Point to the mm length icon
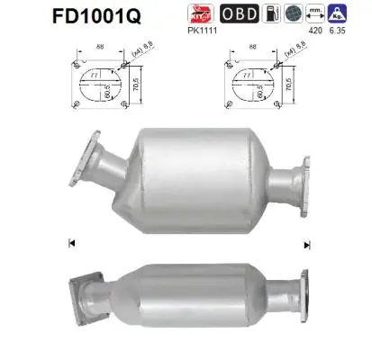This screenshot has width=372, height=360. pos(316,13)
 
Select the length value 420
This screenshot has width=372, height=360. pos(316,30)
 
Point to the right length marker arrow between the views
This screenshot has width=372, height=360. pos(306,244)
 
